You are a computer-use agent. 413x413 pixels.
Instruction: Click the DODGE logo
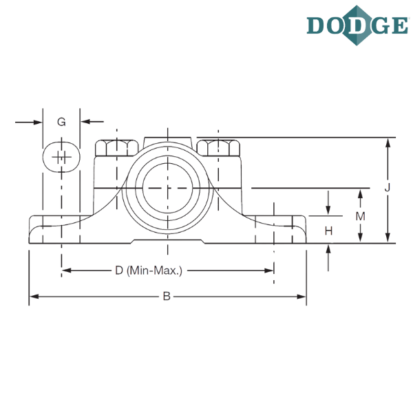tap(357, 25)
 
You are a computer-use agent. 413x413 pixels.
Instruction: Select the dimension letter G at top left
tap(62, 122)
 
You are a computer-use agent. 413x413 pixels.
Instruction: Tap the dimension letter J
tap(388, 188)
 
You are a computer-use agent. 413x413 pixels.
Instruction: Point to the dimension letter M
tap(359, 216)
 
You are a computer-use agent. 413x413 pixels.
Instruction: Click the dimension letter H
tap(328, 231)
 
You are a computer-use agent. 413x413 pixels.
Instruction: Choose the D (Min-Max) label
tap(149, 271)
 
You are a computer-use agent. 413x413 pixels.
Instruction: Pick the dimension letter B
tap(166, 297)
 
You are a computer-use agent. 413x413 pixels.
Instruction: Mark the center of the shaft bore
tap(167, 188)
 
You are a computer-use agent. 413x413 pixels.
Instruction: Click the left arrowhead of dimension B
tap(32, 297)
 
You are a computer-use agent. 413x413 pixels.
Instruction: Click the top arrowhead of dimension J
tap(388, 142)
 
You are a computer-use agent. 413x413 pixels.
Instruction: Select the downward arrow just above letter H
tap(328, 210)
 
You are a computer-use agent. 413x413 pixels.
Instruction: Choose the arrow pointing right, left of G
tap(38, 122)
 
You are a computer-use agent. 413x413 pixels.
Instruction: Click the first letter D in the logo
tap(317, 25)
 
